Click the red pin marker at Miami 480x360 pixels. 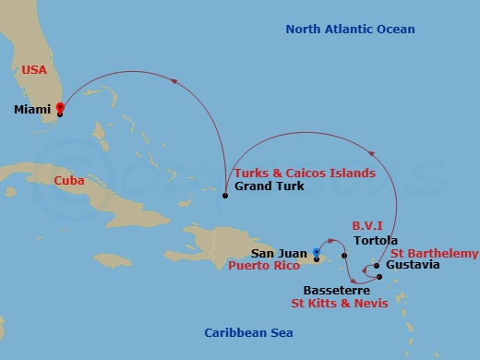[60, 108]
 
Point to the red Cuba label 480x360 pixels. [69, 180]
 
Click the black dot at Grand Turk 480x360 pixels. [225, 196]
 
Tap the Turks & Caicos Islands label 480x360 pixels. [305, 173]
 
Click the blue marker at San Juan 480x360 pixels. [316, 251]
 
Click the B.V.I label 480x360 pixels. [369, 224]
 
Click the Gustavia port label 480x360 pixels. [412, 266]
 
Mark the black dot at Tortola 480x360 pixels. [343, 256]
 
